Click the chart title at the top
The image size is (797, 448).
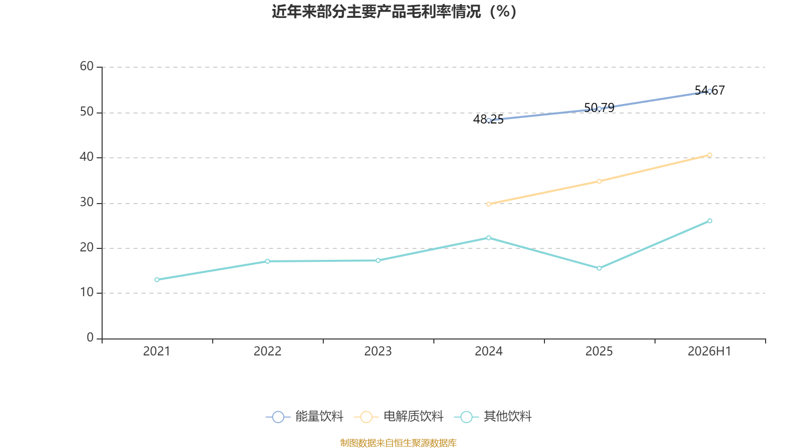pyautogui.click(x=394, y=12)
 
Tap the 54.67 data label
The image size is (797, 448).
pyautogui.click(x=709, y=90)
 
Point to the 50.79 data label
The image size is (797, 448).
pyautogui.click(x=599, y=108)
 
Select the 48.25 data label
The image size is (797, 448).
pyautogui.click(x=488, y=119)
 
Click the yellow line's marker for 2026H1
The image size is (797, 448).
pyautogui.click(x=709, y=155)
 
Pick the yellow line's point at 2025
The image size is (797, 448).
pyautogui.click(x=599, y=181)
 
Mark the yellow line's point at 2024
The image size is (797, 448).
pyautogui.click(x=489, y=204)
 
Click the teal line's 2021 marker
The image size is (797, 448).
pyautogui.click(x=157, y=280)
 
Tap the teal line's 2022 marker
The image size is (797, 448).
pyautogui.click(x=267, y=261)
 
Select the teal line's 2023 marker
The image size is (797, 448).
pyautogui.click(x=378, y=261)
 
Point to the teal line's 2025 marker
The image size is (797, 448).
pyautogui.click(x=599, y=268)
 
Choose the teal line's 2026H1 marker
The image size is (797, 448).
pyautogui.click(x=709, y=221)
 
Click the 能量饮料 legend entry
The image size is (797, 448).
pyautogui.click(x=304, y=416)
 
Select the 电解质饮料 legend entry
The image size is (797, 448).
pyautogui.click(x=399, y=416)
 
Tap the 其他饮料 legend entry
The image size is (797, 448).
pyautogui.click(x=493, y=416)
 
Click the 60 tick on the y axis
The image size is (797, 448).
pyautogui.click(x=87, y=67)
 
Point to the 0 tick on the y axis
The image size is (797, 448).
pyautogui.click(x=90, y=338)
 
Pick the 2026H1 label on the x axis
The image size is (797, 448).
pyautogui.click(x=709, y=351)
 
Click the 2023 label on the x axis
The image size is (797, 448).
pyautogui.click(x=378, y=351)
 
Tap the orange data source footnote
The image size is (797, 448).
pyautogui.click(x=398, y=443)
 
